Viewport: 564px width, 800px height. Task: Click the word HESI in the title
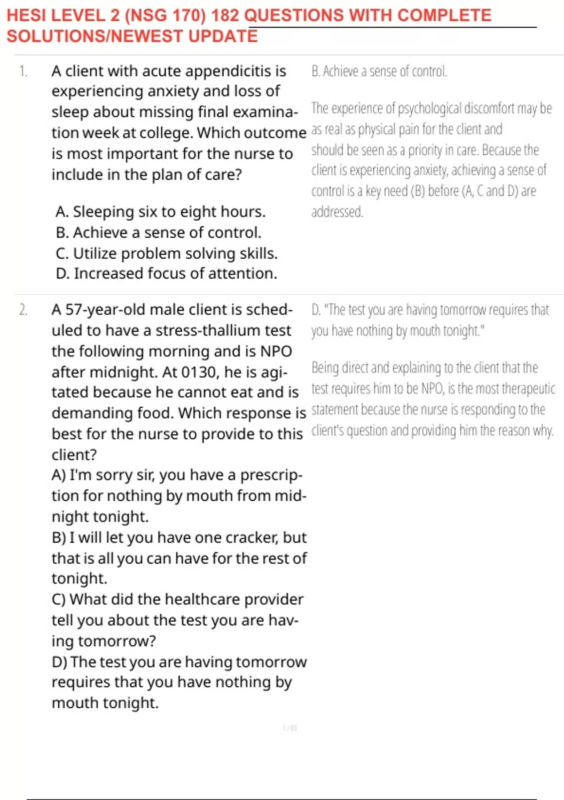coord(26,16)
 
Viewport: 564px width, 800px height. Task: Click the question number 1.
coord(23,72)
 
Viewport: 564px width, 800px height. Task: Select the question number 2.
coord(23,310)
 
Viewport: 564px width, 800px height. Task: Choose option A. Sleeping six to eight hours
coord(160,212)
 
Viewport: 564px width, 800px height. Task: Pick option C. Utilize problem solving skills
coord(166,253)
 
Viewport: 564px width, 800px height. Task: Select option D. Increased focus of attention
coord(166,273)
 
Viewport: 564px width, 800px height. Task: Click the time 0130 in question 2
coord(201,372)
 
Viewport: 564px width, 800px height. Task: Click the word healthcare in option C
coord(202,600)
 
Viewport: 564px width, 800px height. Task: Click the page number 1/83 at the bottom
coord(290,728)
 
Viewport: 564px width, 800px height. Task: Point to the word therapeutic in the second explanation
coord(528,389)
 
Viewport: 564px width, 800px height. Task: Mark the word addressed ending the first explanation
coord(337,212)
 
